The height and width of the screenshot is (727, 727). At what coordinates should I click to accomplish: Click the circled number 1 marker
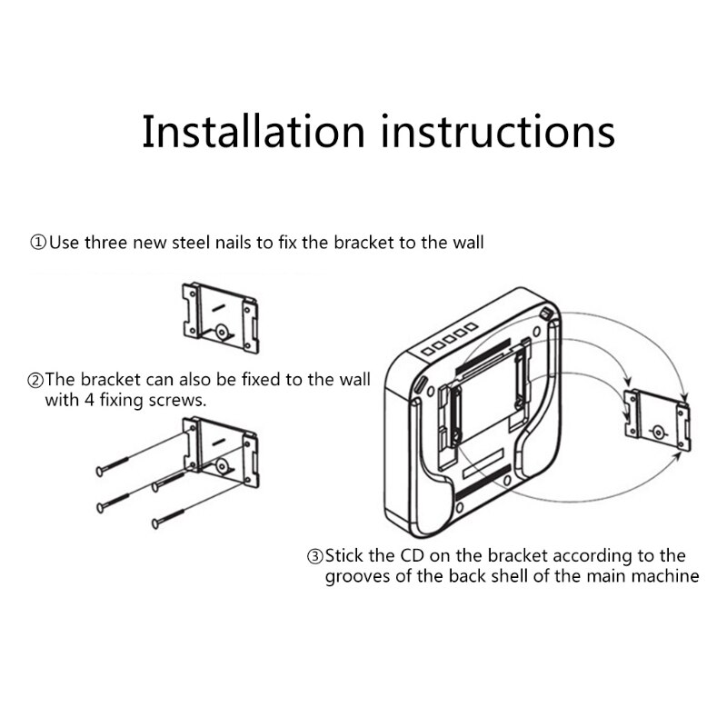38,244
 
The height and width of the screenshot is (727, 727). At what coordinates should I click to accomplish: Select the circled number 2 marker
36,380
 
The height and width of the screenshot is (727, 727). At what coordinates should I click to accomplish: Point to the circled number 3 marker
314,556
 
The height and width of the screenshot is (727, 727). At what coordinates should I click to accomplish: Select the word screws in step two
182,400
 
